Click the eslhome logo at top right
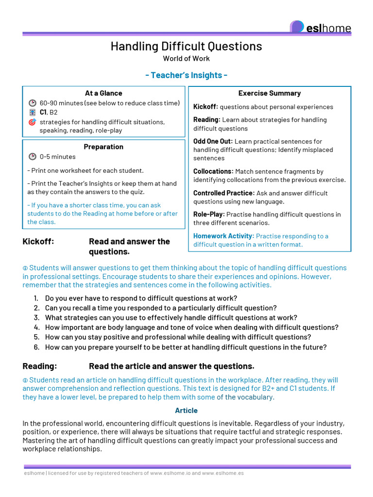[321, 28]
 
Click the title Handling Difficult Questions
[186, 46]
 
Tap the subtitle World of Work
[186, 59]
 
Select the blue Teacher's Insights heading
[186, 75]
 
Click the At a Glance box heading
[103, 93]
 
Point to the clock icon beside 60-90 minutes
[33, 103]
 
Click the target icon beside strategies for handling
[33, 122]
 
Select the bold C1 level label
[43, 112]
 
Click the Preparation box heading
[103, 147]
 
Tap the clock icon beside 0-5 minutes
[33, 157]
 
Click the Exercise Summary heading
[270, 93]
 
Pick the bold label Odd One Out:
[213, 141]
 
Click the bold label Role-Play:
[209, 214]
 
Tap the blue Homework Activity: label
[223, 236]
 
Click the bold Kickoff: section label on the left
[38, 242]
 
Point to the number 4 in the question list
[36, 328]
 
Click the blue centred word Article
[186, 411]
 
